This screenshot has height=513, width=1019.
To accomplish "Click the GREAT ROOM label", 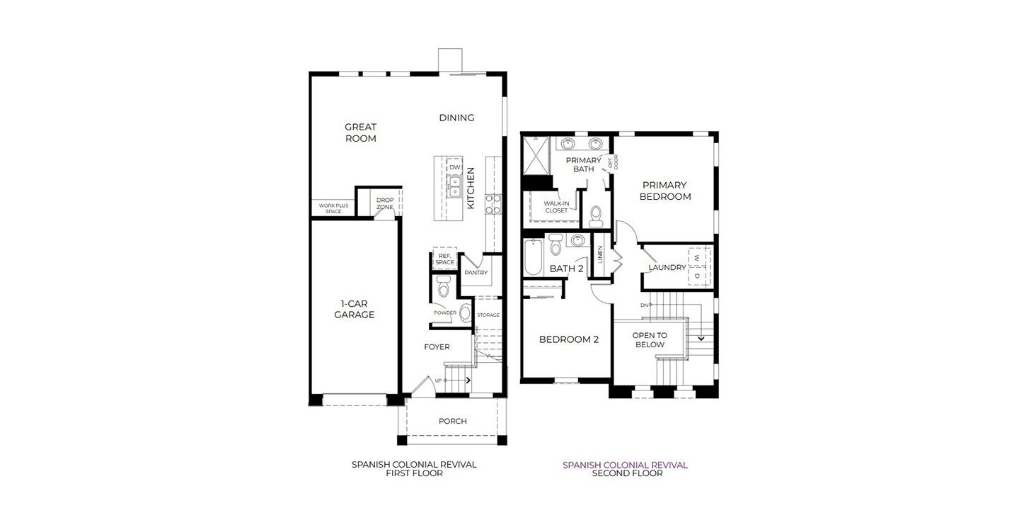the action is (x=360, y=133).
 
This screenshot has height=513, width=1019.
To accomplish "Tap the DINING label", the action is (x=456, y=118).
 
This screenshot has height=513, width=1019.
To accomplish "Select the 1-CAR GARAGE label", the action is (x=354, y=309).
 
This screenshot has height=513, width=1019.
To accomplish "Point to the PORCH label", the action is (x=452, y=421).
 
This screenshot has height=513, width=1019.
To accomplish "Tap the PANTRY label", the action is (x=476, y=273).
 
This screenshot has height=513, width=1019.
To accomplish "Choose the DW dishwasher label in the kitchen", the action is (x=454, y=167).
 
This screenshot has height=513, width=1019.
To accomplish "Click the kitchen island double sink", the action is (x=454, y=187).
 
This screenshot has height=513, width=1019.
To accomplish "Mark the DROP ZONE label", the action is (x=385, y=203).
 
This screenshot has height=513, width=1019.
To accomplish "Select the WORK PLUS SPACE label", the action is (x=333, y=208).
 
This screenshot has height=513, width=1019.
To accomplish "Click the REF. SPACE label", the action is (x=444, y=259).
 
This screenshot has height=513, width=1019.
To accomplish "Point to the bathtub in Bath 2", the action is (x=533, y=257).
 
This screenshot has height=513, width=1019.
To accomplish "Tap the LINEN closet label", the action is (x=600, y=254).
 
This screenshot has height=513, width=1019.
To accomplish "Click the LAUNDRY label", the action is (x=667, y=267).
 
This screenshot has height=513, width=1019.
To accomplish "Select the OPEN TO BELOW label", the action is (x=650, y=340).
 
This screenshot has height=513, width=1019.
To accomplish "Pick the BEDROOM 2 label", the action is (x=569, y=339).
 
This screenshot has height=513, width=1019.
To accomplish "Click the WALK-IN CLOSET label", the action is (x=556, y=207).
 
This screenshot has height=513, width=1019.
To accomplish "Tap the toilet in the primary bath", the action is (x=596, y=216).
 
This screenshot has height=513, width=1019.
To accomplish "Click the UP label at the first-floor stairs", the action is (x=438, y=380).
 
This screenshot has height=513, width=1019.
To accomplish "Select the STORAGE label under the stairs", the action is (x=488, y=315).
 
